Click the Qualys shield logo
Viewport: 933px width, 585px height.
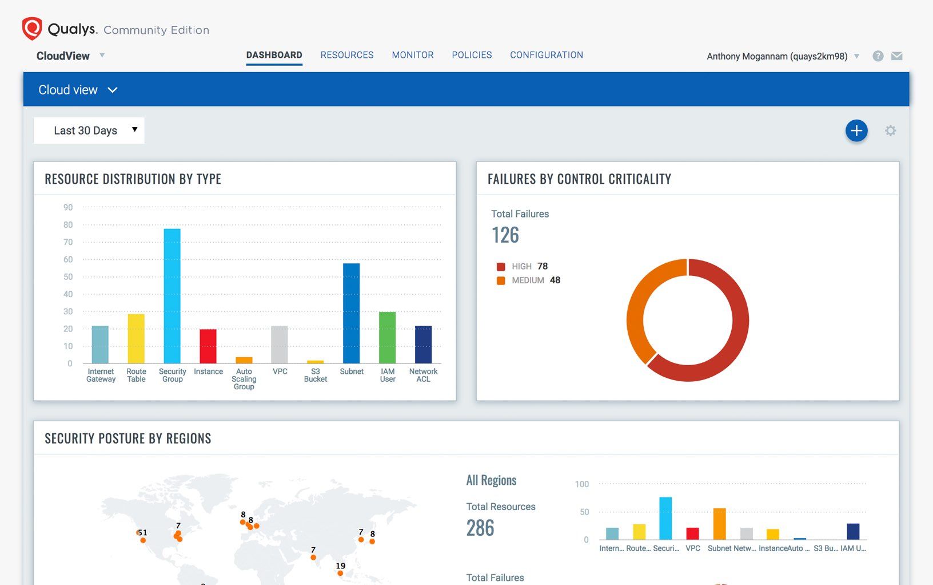pos(32,29)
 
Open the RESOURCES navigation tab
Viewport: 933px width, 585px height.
pos(346,55)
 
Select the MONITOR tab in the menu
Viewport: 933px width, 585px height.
pos(413,55)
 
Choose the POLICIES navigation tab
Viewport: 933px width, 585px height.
pos(472,55)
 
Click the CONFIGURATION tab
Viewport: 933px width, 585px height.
pos(547,55)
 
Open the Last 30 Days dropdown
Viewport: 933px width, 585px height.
pos(89,131)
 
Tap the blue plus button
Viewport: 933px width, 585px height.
pos(856,131)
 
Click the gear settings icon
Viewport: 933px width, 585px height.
pos(890,131)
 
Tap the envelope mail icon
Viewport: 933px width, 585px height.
pos(896,56)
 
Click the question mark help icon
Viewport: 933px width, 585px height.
pos(878,56)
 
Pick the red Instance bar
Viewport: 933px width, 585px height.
pos(208,346)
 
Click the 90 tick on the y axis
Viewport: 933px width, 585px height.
pos(68,207)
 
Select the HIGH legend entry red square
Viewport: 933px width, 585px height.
pos(501,267)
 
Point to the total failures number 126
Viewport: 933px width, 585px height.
pos(505,235)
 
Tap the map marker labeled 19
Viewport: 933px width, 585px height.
pos(340,573)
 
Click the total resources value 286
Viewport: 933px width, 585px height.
pos(480,528)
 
